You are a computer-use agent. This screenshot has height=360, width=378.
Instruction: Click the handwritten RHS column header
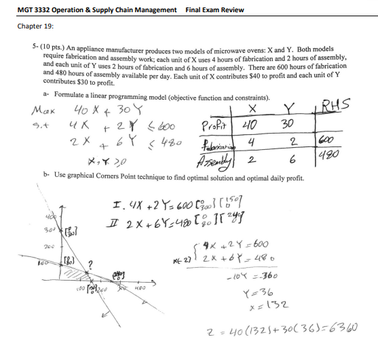click(337, 104)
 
